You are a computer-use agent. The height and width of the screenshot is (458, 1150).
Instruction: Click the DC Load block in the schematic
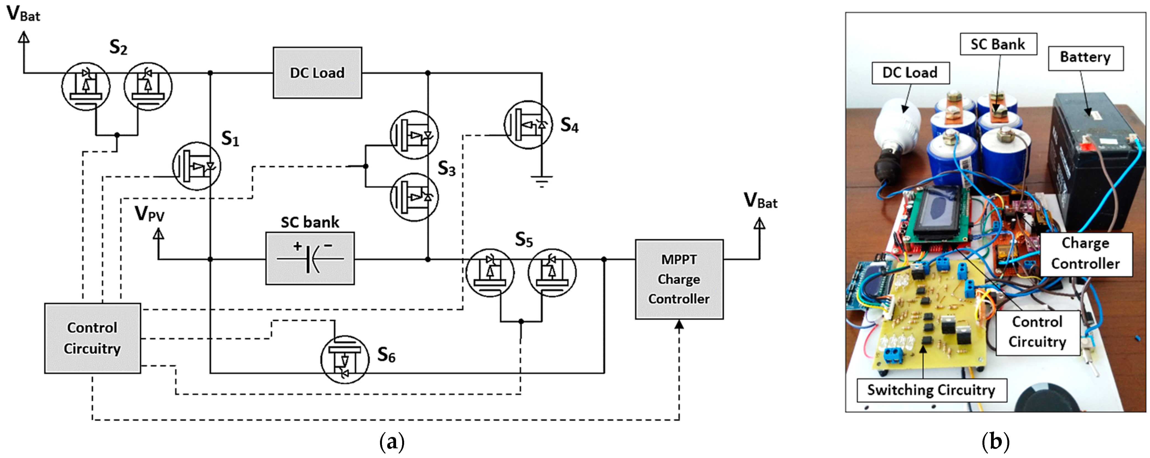[x=317, y=73]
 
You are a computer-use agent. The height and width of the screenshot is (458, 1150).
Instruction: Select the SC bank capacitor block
[x=310, y=258]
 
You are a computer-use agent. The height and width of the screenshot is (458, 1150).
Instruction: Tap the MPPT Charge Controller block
[x=679, y=279]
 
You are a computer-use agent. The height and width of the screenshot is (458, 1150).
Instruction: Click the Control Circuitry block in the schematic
[x=93, y=338]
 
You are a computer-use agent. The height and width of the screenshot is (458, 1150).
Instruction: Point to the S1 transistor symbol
[x=196, y=166]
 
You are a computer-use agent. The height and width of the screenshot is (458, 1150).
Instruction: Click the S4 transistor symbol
[x=528, y=125]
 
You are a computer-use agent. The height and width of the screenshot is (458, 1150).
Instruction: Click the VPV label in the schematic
[x=150, y=214]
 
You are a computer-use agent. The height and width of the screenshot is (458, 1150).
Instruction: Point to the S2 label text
[x=118, y=47]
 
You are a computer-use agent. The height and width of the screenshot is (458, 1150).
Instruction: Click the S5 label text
[x=524, y=240]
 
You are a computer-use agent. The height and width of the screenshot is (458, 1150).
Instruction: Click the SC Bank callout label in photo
[x=998, y=44]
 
